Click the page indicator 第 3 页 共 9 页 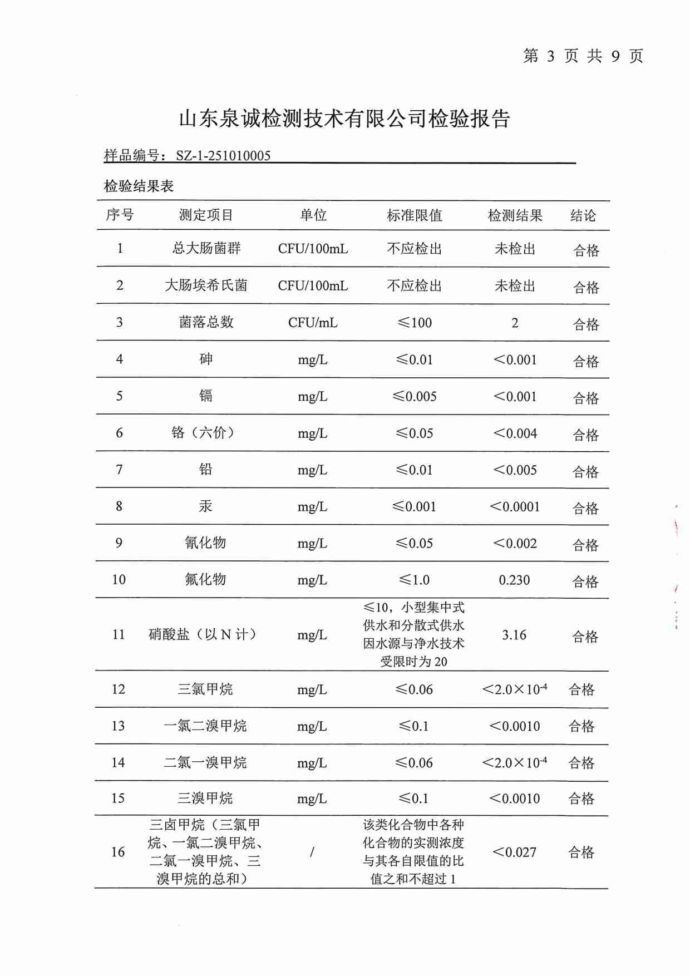click(x=583, y=56)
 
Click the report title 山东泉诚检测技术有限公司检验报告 click(x=344, y=119)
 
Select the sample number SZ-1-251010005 click(x=223, y=156)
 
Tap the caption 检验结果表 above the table click(x=139, y=186)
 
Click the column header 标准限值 click(x=415, y=215)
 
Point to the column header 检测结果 click(x=515, y=215)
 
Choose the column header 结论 click(x=583, y=215)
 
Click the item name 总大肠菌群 click(x=206, y=248)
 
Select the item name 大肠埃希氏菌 click(x=206, y=285)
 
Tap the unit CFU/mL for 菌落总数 click(x=313, y=323)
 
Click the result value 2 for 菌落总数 click(x=515, y=323)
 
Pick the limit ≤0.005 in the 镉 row click(x=415, y=396)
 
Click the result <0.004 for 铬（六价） click(x=515, y=433)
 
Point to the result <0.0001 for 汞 click(x=515, y=506)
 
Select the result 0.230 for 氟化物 click(x=514, y=580)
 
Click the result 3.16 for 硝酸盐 click(x=514, y=635)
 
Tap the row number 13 click(x=118, y=726)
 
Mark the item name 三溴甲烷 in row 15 click(x=205, y=798)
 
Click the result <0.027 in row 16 click(x=514, y=852)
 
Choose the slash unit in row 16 click(x=312, y=852)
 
